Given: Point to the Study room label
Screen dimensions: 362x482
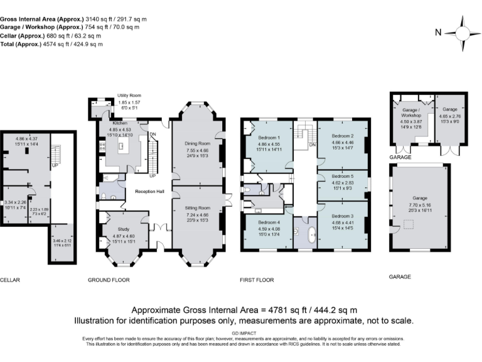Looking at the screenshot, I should click(123, 229).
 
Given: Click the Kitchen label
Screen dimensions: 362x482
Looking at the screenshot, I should click(120, 124).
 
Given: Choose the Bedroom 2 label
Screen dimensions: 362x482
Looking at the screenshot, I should click(343, 136).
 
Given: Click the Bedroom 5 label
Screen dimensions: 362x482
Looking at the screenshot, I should click(343, 177).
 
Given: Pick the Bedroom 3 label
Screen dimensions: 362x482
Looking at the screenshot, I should click(343, 216).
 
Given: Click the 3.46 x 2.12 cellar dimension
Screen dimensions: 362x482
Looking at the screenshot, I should click(63, 240).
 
